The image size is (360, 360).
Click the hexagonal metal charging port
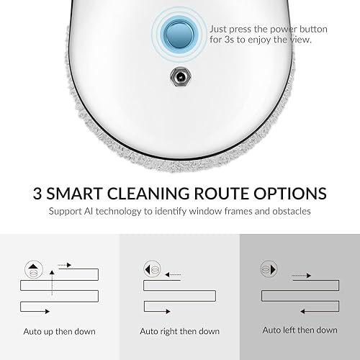coord(180,77)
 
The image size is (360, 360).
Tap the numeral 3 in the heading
coord(37,194)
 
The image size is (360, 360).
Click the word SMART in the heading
coord(74,194)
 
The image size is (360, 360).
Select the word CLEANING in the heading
coord(148,194)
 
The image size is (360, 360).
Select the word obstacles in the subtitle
coord(292,211)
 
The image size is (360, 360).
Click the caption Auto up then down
coord(60,332)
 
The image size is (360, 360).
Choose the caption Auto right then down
coord(180,331)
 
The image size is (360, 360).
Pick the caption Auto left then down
coord(300,330)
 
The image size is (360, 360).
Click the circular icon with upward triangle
coord(34,269)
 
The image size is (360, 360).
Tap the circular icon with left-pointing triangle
coord(152,269)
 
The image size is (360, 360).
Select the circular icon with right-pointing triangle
coord(269,269)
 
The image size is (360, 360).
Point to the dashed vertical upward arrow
coord(52,283)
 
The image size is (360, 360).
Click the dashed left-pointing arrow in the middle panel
coord(173,274)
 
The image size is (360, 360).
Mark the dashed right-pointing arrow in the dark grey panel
coord(302,276)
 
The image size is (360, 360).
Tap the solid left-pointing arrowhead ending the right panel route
coord(302,312)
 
